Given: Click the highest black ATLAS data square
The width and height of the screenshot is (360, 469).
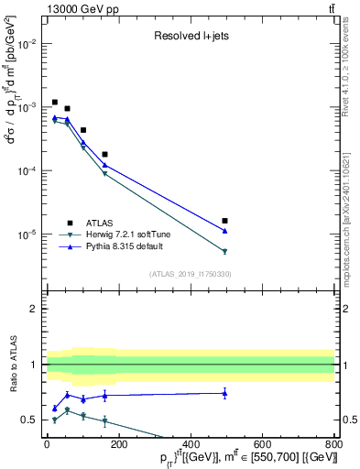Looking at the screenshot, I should (x=55, y=103).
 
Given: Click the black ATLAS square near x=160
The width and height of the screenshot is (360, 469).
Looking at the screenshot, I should (x=104, y=155).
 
